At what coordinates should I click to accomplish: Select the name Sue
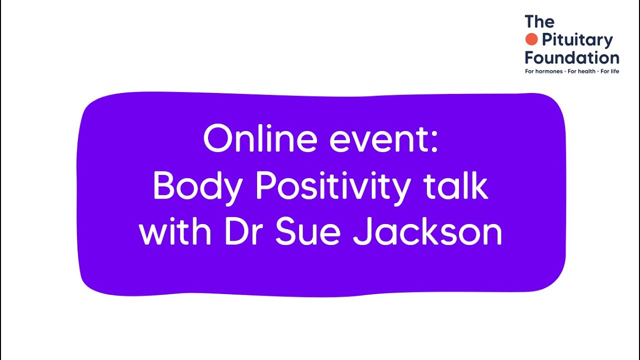pyautogui.click(x=307, y=232)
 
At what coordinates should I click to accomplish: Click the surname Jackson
pyautogui.click(x=427, y=232)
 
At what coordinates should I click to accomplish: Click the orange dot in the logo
pyautogui.click(x=531, y=39)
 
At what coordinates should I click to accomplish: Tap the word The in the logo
pyautogui.click(x=539, y=22)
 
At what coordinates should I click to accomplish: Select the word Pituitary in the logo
pyautogui.click(x=577, y=40)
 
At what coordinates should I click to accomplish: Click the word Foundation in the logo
pyautogui.click(x=572, y=57)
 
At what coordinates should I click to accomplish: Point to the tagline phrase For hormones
pyautogui.click(x=543, y=71)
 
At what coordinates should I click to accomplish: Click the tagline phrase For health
pyautogui.click(x=581, y=71)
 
